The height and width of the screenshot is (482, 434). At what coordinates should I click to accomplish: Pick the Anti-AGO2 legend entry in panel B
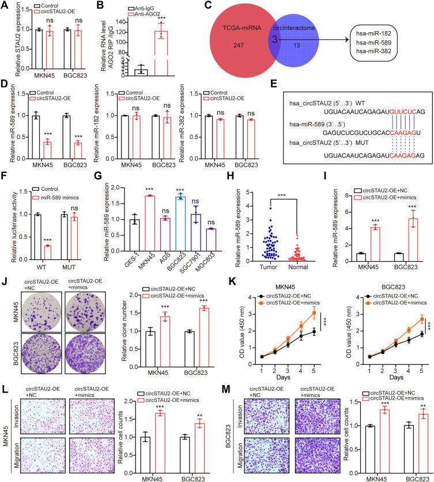[x=170, y=14]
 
